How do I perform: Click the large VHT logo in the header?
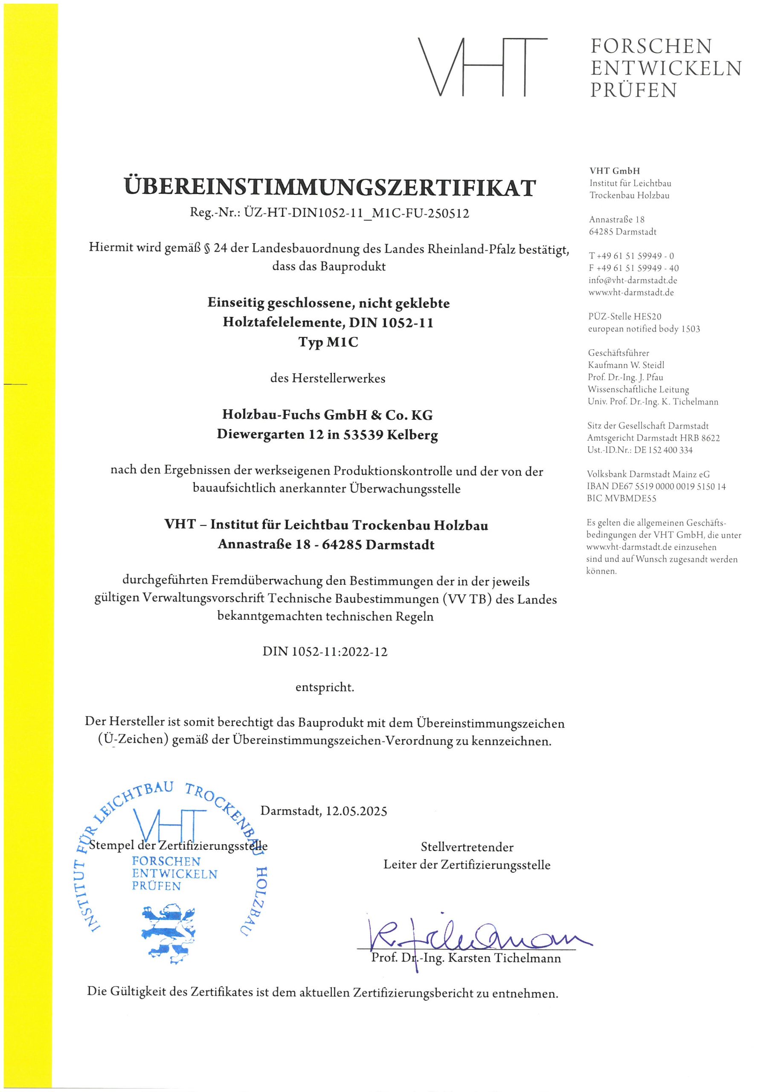[x=482, y=67]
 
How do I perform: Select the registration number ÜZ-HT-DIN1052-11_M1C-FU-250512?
[x=356, y=214]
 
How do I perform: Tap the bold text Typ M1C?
[x=328, y=342]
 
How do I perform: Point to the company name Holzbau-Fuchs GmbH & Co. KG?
[x=327, y=415]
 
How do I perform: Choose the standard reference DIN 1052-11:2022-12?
[x=325, y=652]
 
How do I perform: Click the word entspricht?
[x=325, y=687]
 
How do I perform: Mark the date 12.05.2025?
[x=356, y=811]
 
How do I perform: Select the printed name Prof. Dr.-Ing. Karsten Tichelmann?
[x=466, y=957]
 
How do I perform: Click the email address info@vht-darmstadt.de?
[x=633, y=280]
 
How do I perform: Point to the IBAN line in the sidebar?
[x=656, y=487]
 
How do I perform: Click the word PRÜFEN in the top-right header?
[x=633, y=90]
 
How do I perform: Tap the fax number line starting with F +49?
[x=633, y=268]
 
